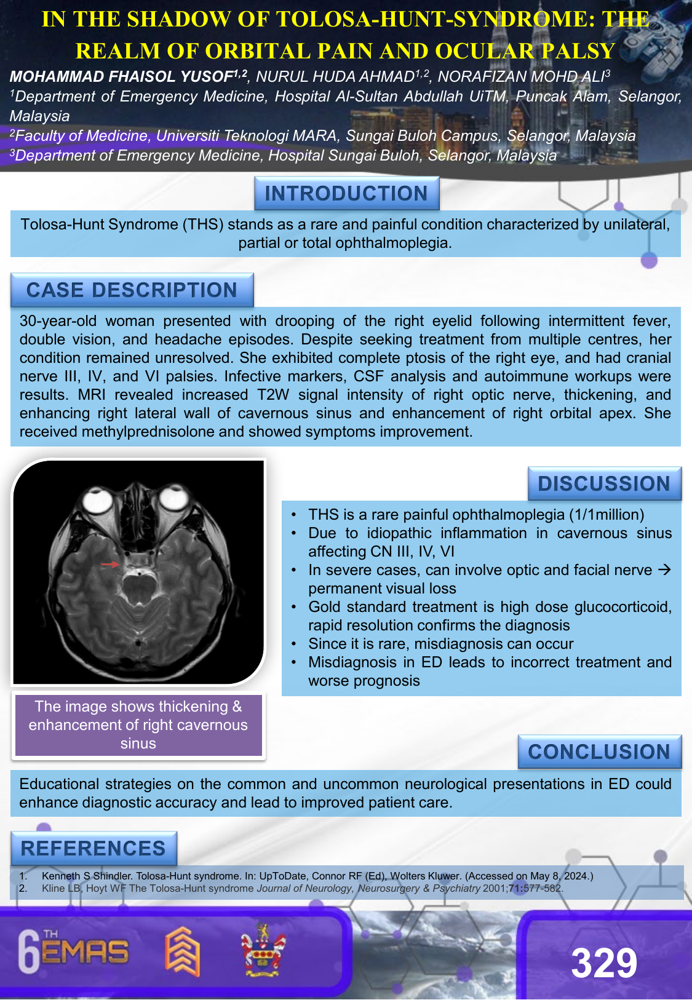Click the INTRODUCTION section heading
click(346, 194)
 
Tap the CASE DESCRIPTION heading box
click(132, 290)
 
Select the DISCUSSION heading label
click(604, 484)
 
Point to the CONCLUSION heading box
click(599, 752)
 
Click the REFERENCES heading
click(93, 849)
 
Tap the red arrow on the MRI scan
click(110, 564)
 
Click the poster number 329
click(604, 963)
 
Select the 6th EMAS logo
click(74, 952)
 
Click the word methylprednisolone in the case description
click(148, 432)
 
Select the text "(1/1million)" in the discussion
click(606, 515)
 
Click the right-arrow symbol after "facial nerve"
click(664, 570)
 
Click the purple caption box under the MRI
click(138, 725)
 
